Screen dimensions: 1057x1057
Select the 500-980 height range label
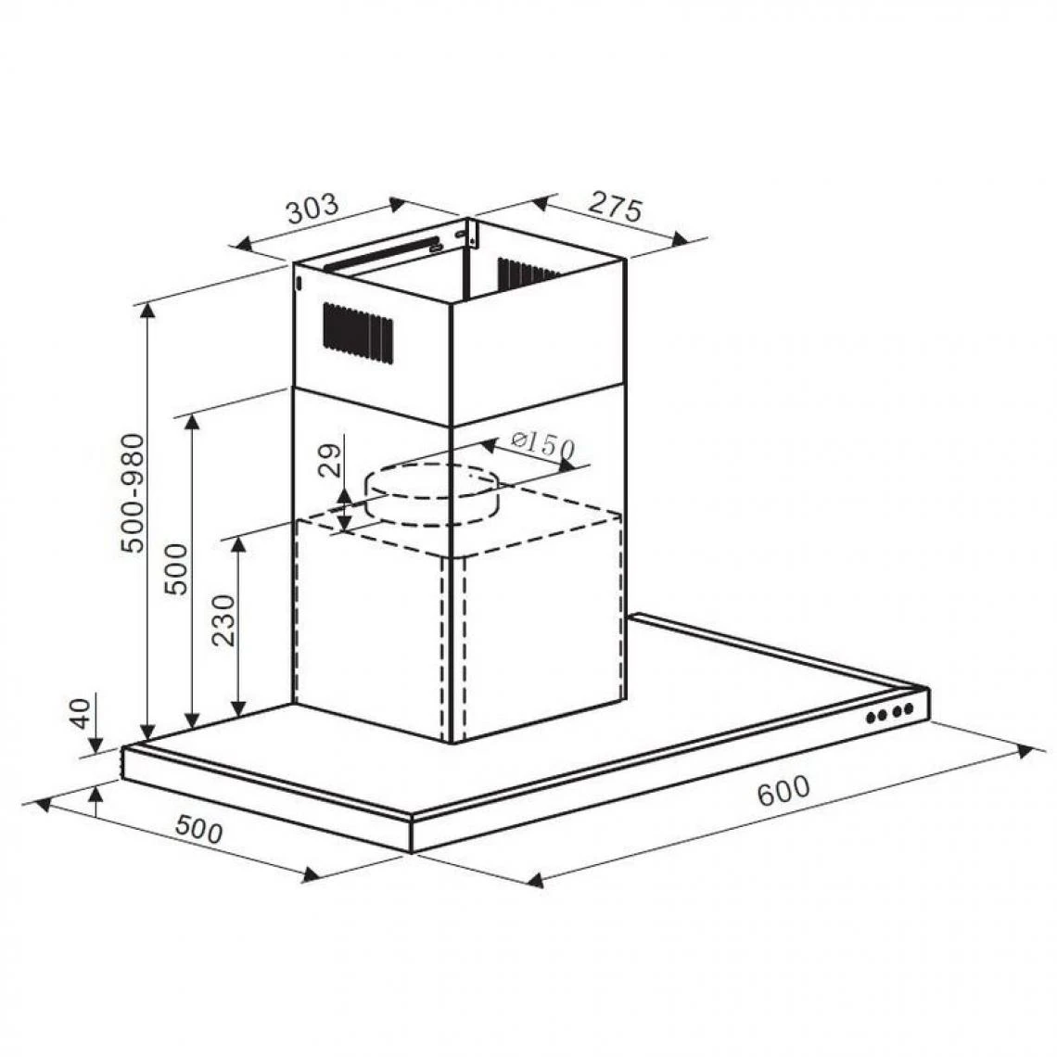pos(133,492)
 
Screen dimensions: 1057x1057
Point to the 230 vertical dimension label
pos(223,620)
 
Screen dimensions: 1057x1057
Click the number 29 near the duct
pos(330,461)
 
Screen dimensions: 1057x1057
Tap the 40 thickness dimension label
pos(81,713)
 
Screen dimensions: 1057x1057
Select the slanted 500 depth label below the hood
pos(198,830)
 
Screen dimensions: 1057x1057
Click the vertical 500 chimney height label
pos(176,568)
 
